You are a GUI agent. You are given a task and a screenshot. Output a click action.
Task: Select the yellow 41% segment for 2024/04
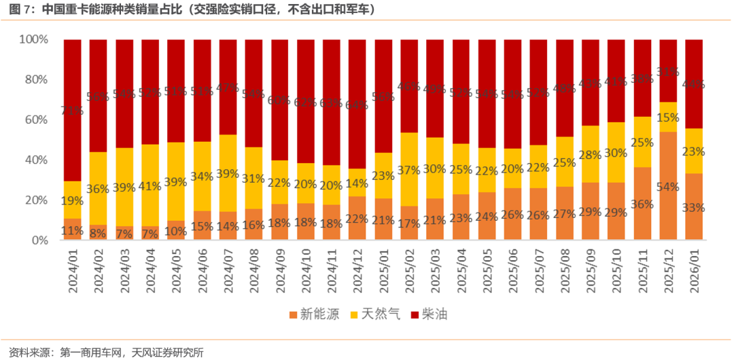tap(150, 185)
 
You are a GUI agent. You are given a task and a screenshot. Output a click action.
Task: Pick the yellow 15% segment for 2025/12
tap(667, 117)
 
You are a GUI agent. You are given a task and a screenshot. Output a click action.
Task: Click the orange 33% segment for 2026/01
tap(693, 206)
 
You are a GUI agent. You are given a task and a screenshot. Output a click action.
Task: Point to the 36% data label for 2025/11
tap(642, 204)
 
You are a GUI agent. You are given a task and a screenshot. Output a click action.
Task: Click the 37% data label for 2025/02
tap(409, 169)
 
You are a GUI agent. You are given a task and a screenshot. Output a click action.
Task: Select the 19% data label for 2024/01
tap(72, 201)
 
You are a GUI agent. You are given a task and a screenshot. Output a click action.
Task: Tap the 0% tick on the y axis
tap(39, 240)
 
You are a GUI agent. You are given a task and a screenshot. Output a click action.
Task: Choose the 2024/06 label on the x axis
tap(202, 270)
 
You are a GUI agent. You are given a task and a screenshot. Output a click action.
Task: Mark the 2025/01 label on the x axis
tap(383, 270)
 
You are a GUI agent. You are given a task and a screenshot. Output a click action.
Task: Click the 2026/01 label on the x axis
tap(693, 270)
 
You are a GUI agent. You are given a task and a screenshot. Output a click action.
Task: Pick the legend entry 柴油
tap(435, 314)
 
